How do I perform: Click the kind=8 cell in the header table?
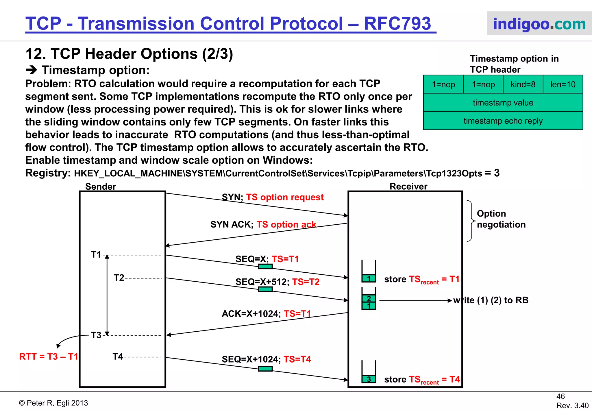(x=523, y=84)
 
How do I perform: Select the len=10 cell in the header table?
(x=563, y=84)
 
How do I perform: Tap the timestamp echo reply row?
(x=503, y=121)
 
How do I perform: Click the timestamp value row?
(x=503, y=103)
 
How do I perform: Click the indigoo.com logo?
(x=539, y=24)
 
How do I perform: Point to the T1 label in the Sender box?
(x=96, y=255)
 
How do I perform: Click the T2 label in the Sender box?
(x=119, y=278)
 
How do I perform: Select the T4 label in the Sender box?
(x=118, y=357)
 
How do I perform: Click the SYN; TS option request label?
(x=273, y=197)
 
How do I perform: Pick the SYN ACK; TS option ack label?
(x=263, y=224)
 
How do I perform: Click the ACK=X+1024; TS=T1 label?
(x=266, y=314)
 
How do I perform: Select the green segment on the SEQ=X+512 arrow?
(x=265, y=289)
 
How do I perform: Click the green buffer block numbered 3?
(x=369, y=379)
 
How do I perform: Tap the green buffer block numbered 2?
(x=369, y=298)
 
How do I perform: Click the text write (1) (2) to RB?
(x=491, y=300)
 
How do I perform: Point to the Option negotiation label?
(x=501, y=219)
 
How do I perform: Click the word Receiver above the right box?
(x=408, y=186)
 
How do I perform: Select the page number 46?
(x=560, y=396)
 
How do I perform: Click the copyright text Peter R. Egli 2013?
(x=54, y=403)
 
